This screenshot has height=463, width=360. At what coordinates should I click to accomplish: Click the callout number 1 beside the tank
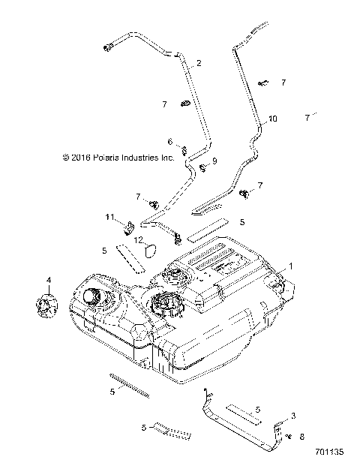(x=291, y=265)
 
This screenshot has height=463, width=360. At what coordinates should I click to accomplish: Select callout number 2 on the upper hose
(x=199, y=64)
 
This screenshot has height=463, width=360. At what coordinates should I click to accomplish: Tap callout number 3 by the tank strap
(x=293, y=415)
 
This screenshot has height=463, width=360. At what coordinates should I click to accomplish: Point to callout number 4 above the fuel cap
(x=49, y=281)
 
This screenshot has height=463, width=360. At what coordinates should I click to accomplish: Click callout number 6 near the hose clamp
(x=170, y=141)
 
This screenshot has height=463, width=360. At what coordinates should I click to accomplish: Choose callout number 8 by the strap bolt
(x=301, y=436)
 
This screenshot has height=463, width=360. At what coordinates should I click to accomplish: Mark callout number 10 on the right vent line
(x=272, y=119)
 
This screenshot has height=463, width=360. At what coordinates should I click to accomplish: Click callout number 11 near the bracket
(x=109, y=218)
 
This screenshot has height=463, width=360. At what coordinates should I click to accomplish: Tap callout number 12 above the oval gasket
(x=139, y=239)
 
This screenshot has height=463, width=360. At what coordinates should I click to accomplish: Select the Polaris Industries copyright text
(x=118, y=158)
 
